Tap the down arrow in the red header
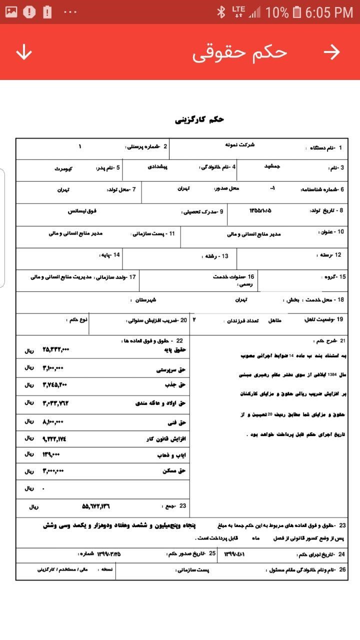(24, 52)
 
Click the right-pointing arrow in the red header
(331, 52)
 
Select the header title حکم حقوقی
(239, 52)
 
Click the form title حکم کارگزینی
(199, 119)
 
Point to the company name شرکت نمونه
(239, 144)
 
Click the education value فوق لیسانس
(82, 211)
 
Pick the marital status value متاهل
(276, 319)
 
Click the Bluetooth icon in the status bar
(221, 12)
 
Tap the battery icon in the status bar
(297, 12)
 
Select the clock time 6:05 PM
(329, 12)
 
